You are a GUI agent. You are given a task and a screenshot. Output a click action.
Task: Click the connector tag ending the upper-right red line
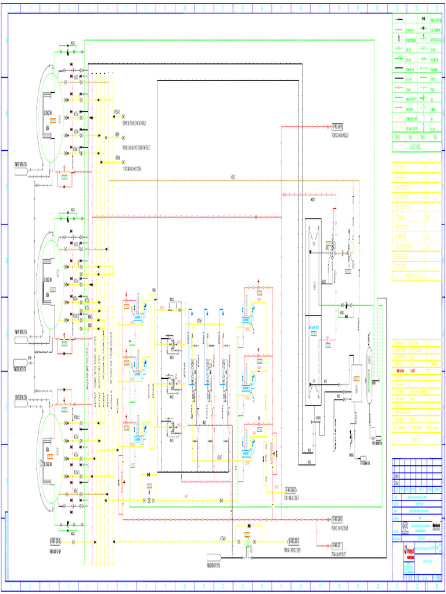click(337, 125)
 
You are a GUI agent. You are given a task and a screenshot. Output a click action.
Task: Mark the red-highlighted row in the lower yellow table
click(416, 369)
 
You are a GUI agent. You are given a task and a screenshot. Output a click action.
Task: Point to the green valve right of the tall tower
click(343, 305)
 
